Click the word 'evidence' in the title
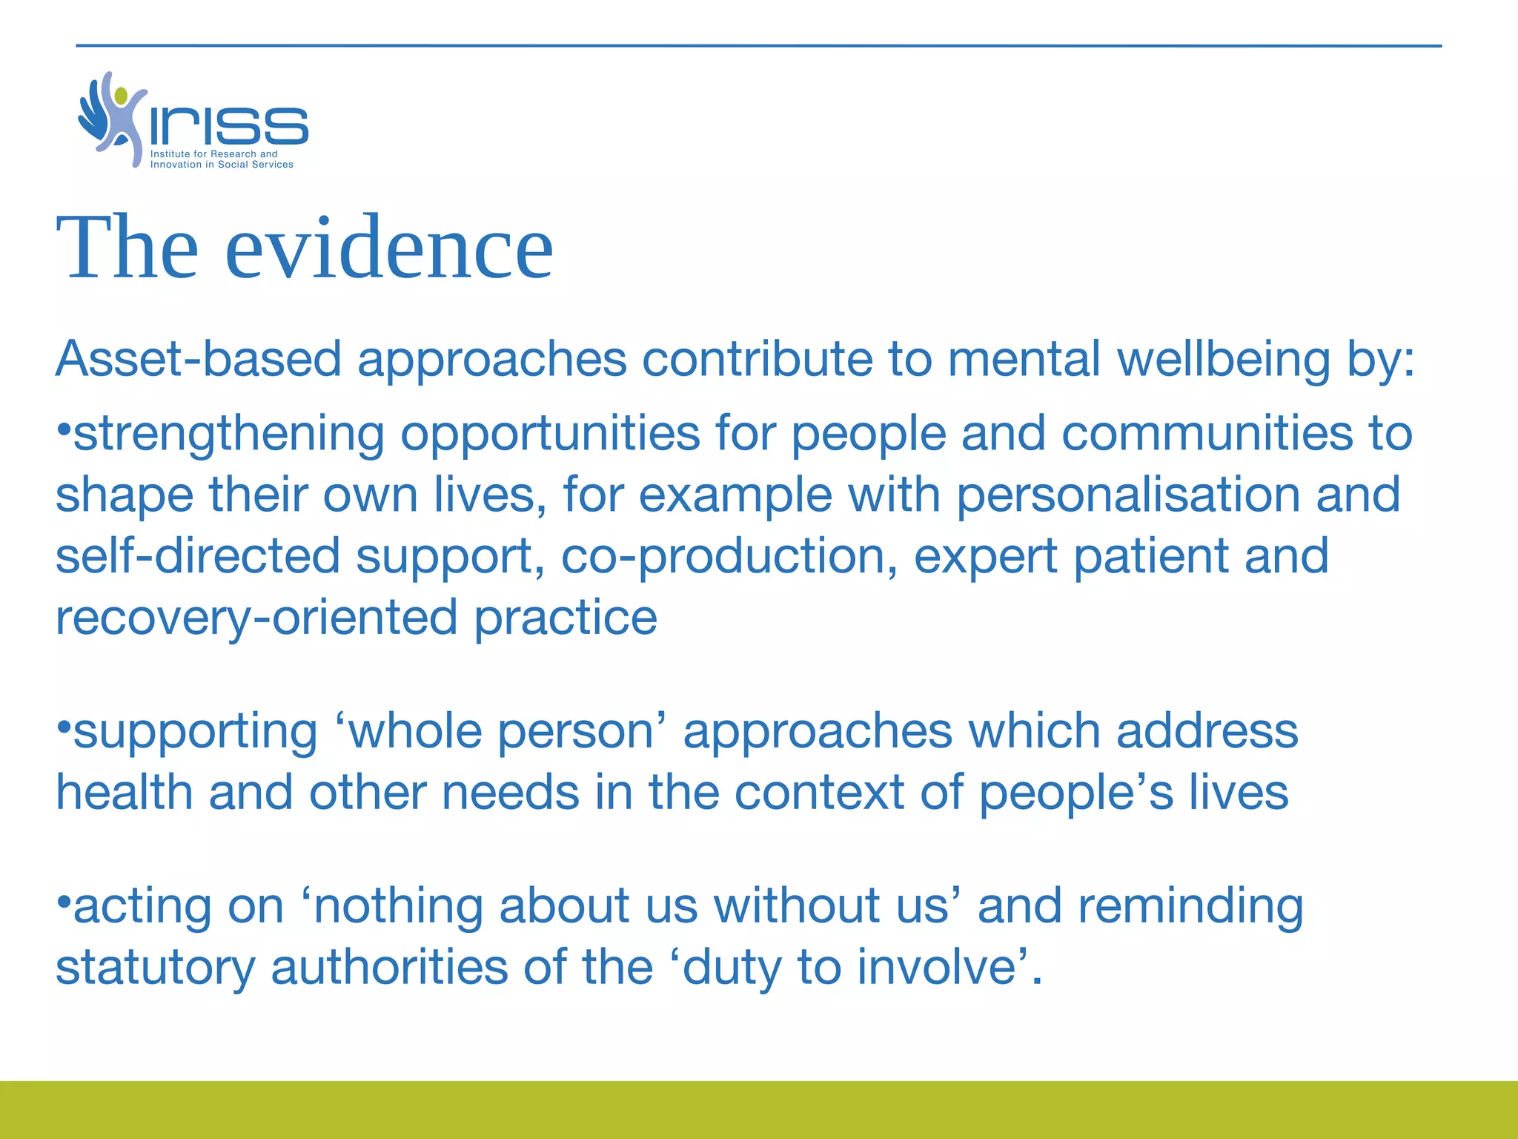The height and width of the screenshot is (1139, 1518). click(388, 248)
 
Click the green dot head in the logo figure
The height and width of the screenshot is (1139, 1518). click(121, 96)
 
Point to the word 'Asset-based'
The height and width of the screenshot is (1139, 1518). click(199, 360)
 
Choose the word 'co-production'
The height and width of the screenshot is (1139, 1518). click(723, 557)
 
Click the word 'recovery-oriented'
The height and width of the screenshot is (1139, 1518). click(256, 618)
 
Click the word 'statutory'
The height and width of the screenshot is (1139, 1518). click(156, 969)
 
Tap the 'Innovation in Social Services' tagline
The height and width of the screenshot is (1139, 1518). click(222, 165)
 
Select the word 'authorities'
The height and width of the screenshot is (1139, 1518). click(390, 968)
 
